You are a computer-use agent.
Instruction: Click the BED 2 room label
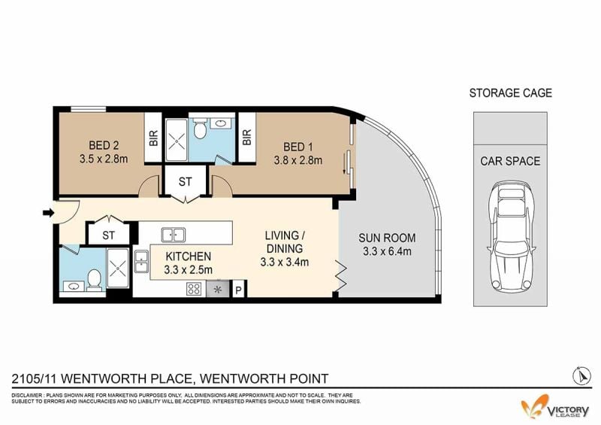point(104,145)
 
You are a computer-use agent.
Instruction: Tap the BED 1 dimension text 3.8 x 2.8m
point(297,160)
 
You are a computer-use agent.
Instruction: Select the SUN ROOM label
point(387,238)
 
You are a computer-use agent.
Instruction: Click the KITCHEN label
point(189,256)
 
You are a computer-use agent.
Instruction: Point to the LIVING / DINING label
point(285,242)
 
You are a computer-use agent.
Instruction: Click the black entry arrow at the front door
point(48,212)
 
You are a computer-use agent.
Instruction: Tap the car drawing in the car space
point(511,236)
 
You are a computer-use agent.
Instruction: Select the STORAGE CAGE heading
point(511,93)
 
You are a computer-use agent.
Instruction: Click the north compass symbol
point(581,375)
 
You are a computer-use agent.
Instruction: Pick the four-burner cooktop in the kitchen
point(194,289)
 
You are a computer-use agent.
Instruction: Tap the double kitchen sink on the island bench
point(174,235)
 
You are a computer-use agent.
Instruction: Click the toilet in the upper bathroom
point(200,128)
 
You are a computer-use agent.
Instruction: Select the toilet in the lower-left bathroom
point(95,279)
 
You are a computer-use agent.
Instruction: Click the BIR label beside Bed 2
point(153,138)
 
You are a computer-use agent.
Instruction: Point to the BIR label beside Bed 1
point(247,138)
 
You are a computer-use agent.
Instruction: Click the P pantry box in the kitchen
point(238,290)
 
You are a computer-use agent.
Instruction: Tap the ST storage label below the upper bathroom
point(185,181)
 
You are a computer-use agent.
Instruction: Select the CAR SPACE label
point(510,161)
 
